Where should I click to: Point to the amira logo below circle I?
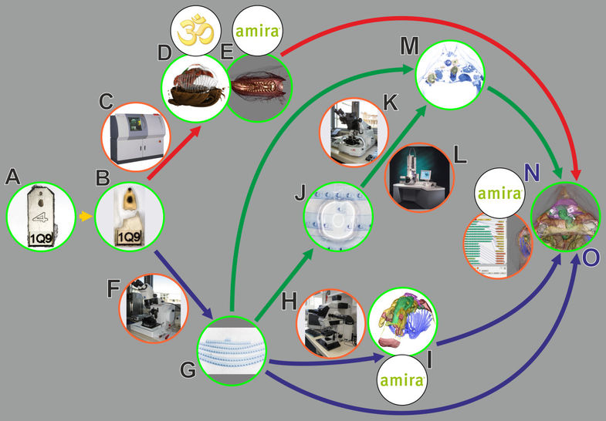click(401, 381)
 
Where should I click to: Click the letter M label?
click(408, 47)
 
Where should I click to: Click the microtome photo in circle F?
click(154, 306)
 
